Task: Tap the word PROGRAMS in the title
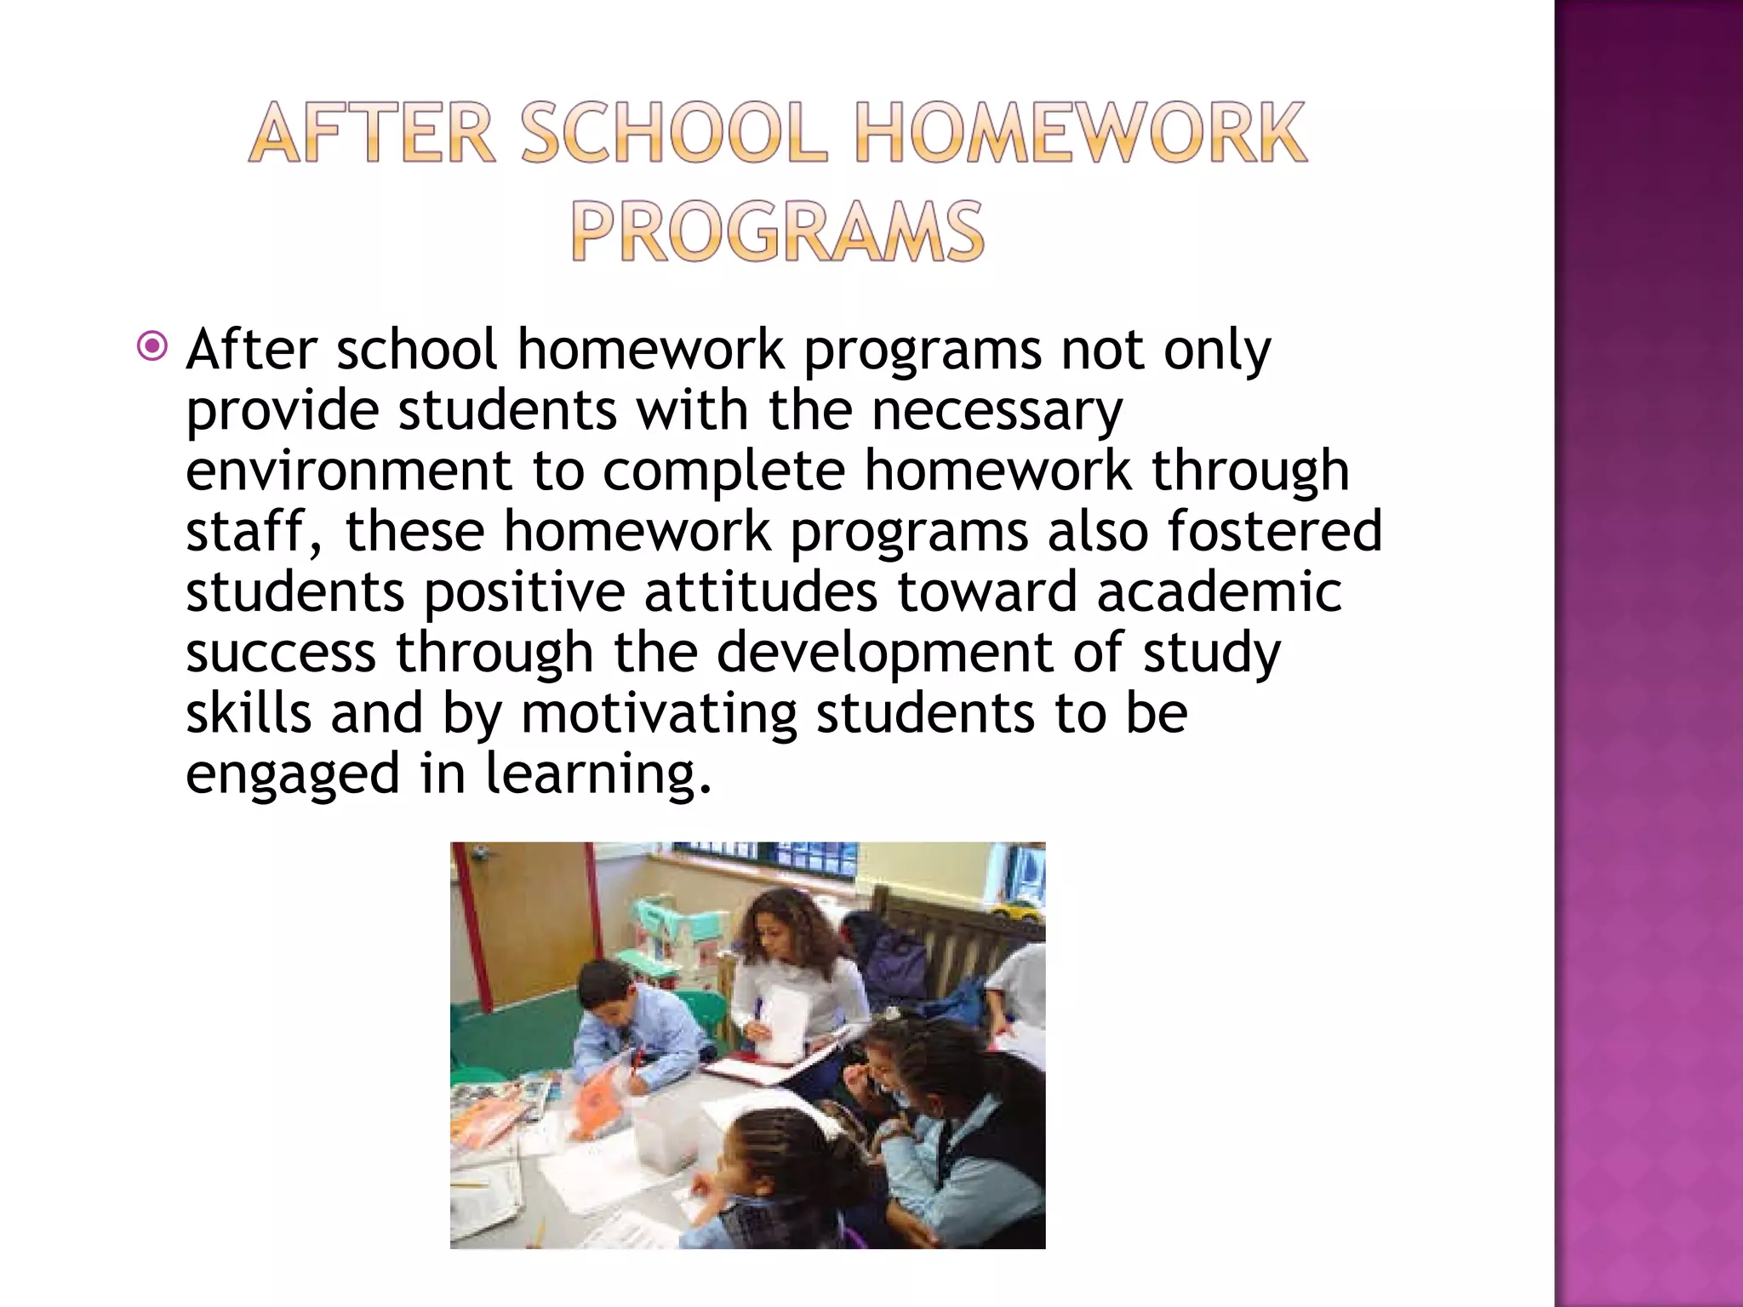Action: pos(777,231)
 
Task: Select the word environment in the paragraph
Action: pos(349,471)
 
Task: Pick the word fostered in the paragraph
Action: pos(1274,531)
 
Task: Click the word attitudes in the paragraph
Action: pos(760,591)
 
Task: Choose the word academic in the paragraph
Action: pos(1219,591)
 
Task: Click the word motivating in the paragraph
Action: pos(659,713)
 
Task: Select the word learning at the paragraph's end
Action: pos(597,774)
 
